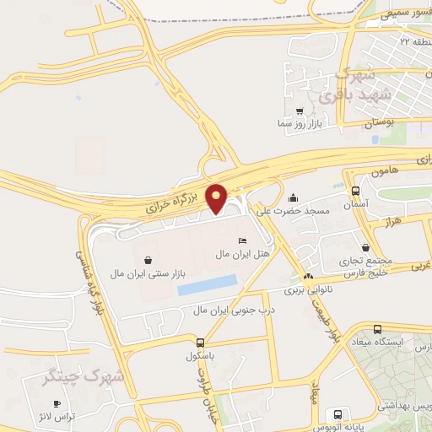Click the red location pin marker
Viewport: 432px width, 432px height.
point(217,197)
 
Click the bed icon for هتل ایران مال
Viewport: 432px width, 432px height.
point(243,241)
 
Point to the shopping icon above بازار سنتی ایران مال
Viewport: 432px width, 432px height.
point(148,261)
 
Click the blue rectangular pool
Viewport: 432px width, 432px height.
point(207,285)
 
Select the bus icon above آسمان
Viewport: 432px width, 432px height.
point(355,192)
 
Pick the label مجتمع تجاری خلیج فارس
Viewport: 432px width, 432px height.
point(365,267)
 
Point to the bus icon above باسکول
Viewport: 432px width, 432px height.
point(200,343)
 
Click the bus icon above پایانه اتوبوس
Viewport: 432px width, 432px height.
point(338,414)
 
